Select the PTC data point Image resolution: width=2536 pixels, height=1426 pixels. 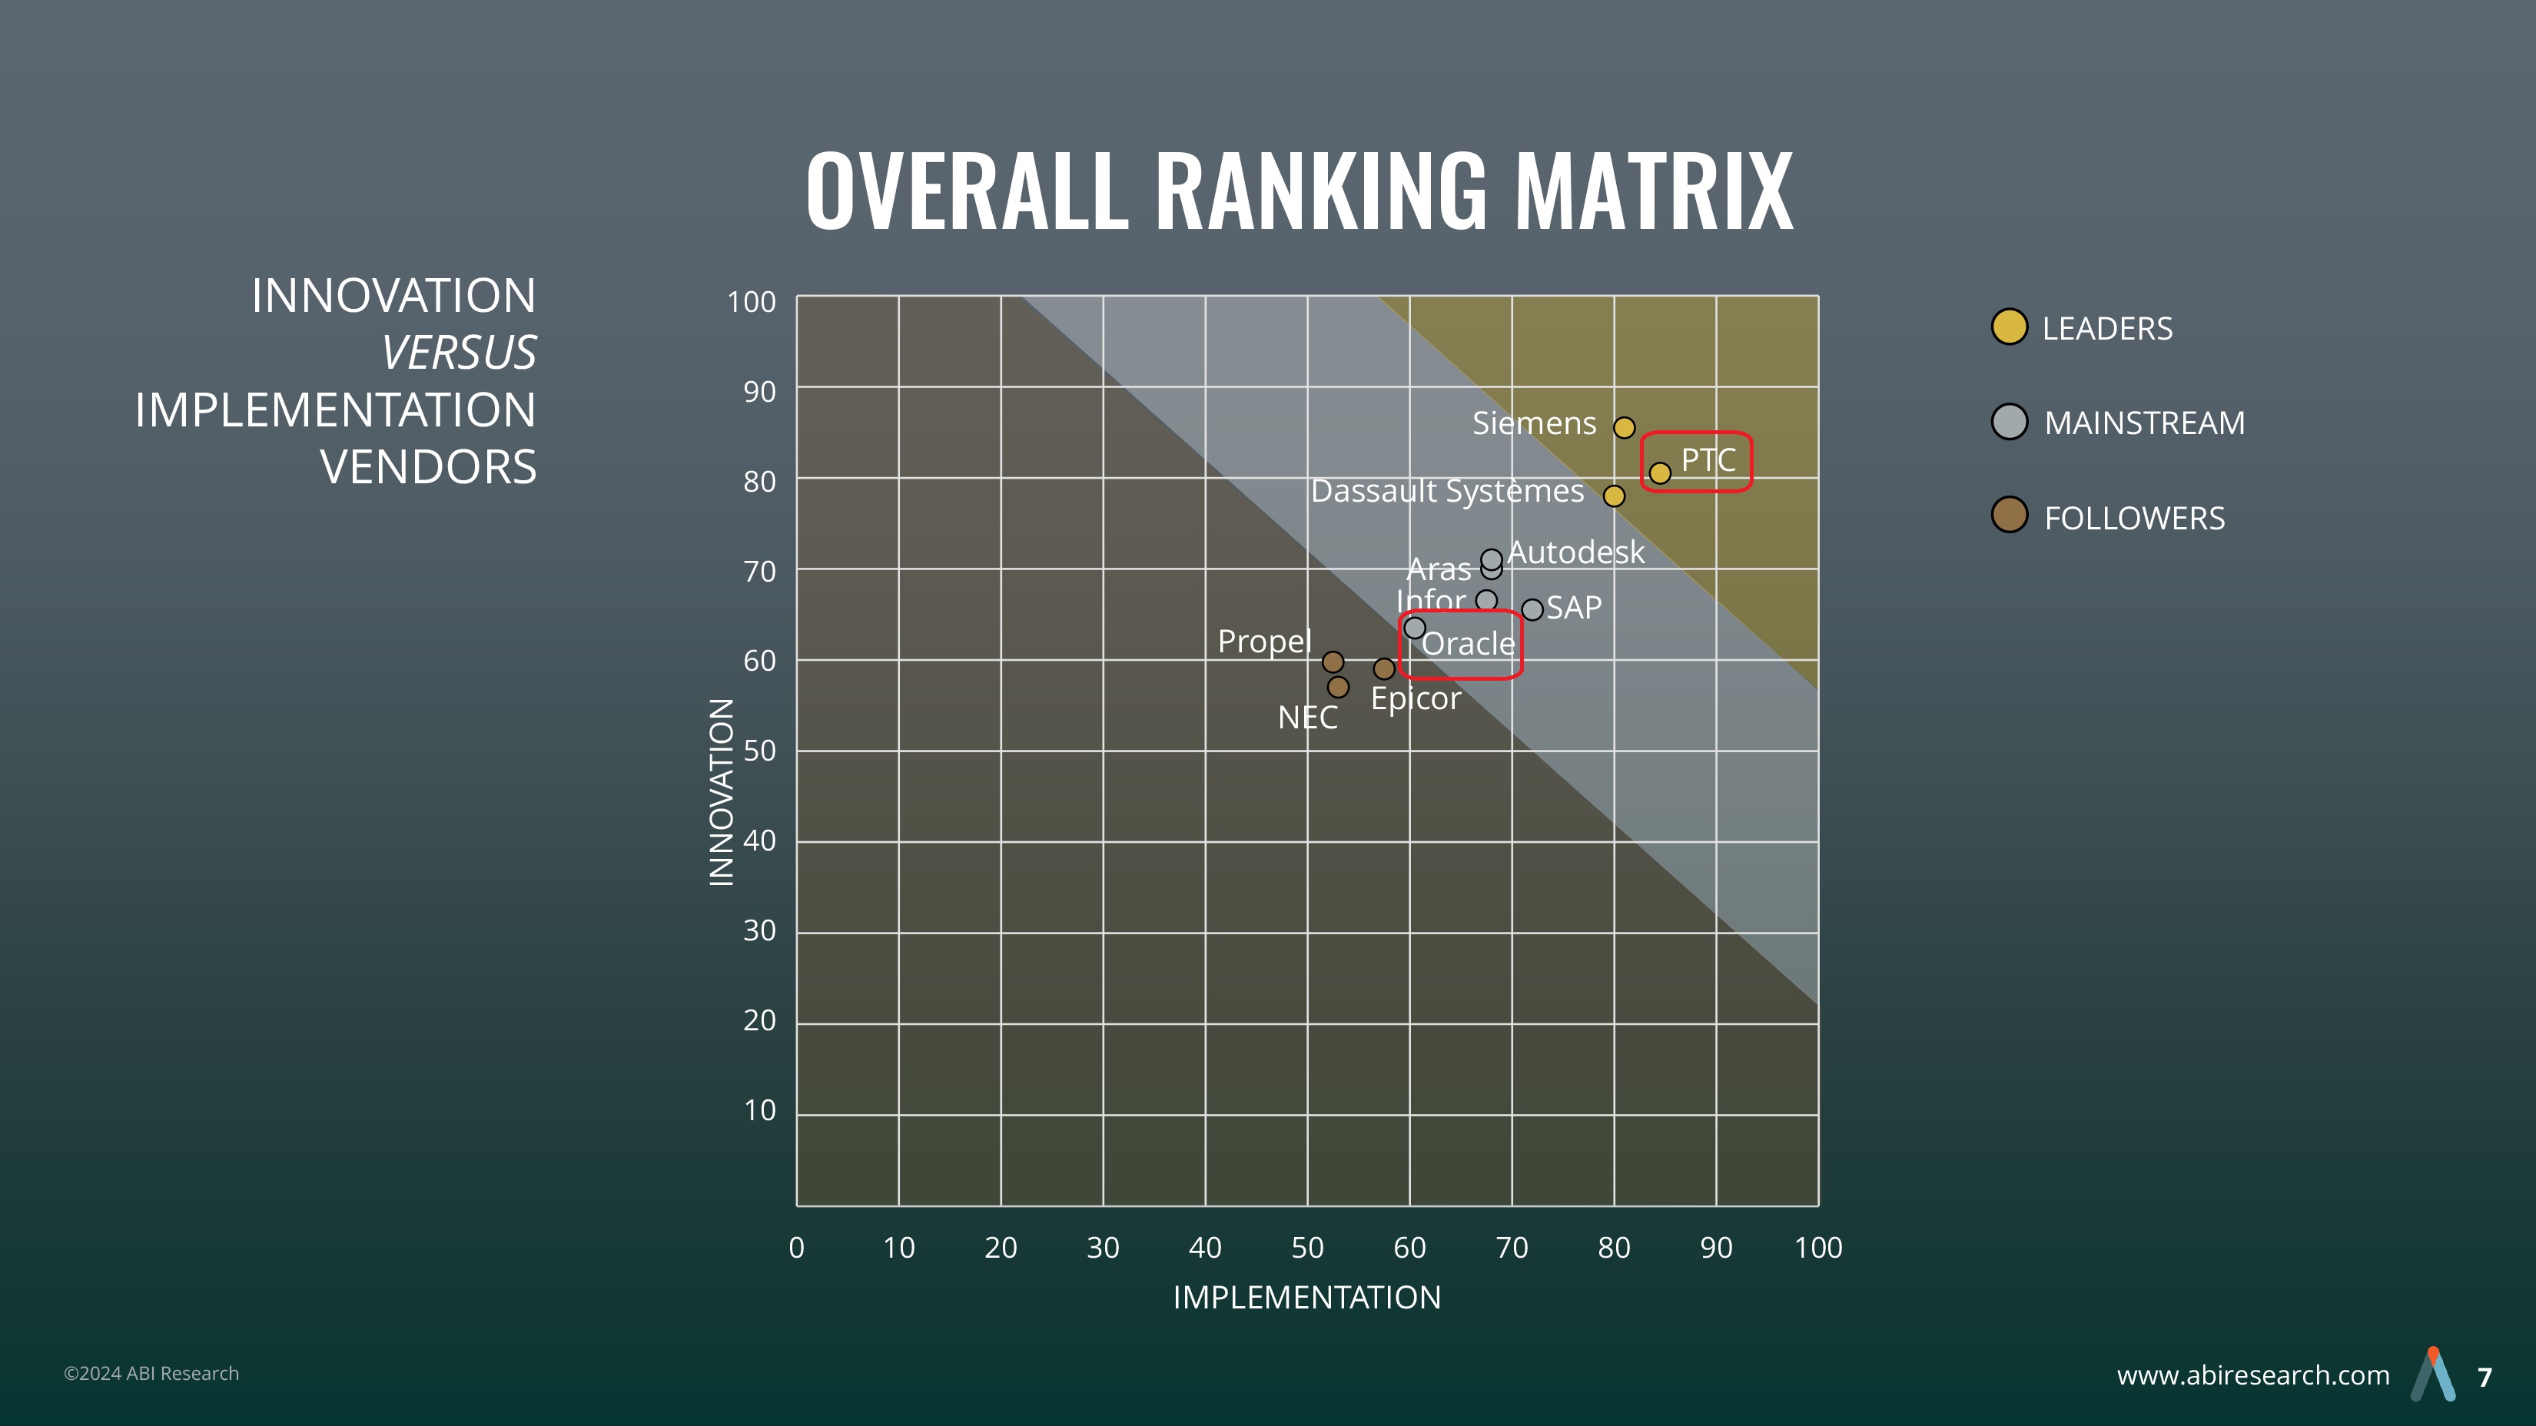click(x=1660, y=473)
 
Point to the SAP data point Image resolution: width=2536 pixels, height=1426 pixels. click(x=1532, y=610)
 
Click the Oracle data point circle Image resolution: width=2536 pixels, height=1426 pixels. click(x=1415, y=628)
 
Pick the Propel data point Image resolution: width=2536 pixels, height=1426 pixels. click(x=1333, y=662)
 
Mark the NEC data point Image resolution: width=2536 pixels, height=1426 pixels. click(x=1338, y=687)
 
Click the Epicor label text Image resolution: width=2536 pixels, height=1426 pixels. click(x=1416, y=698)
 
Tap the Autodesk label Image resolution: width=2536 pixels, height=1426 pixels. click(x=1575, y=552)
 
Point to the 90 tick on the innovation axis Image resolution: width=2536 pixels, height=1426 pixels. click(x=759, y=392)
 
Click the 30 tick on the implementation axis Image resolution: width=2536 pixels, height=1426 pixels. click(x=1103, y=1248)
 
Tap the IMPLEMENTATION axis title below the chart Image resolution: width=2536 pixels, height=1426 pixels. click(x=1306, y=1297)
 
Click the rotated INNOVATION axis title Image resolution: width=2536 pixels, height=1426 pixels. click(x=722, y=792)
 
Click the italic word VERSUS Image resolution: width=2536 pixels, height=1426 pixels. click(x=459, y=353)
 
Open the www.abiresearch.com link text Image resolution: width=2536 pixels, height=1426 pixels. click(x=2252, y=1375)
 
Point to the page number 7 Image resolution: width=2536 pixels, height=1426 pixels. click(x=2485, y=1377)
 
